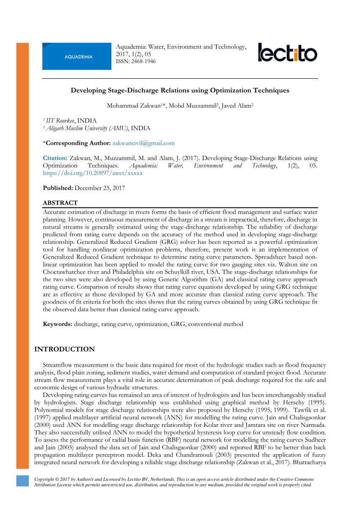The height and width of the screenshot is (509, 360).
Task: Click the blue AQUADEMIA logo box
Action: (77, 56)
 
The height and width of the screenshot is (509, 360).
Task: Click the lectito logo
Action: (287, 53)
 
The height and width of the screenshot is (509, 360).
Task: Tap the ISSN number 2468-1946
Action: (144, 61)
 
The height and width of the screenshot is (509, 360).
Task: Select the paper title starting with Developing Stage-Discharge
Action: (180, 90)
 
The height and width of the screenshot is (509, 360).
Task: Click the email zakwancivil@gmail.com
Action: (144, 143)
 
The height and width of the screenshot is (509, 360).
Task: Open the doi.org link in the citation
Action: (93, 173)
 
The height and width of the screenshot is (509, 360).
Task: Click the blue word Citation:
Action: (55, 158)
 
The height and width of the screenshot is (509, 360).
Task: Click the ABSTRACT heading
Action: (60, 203)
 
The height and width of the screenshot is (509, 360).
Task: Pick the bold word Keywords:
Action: (58, 324)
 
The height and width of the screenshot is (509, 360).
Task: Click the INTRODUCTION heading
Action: (64, 349)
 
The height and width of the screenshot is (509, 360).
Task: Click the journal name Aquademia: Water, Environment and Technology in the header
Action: (181, 47)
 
